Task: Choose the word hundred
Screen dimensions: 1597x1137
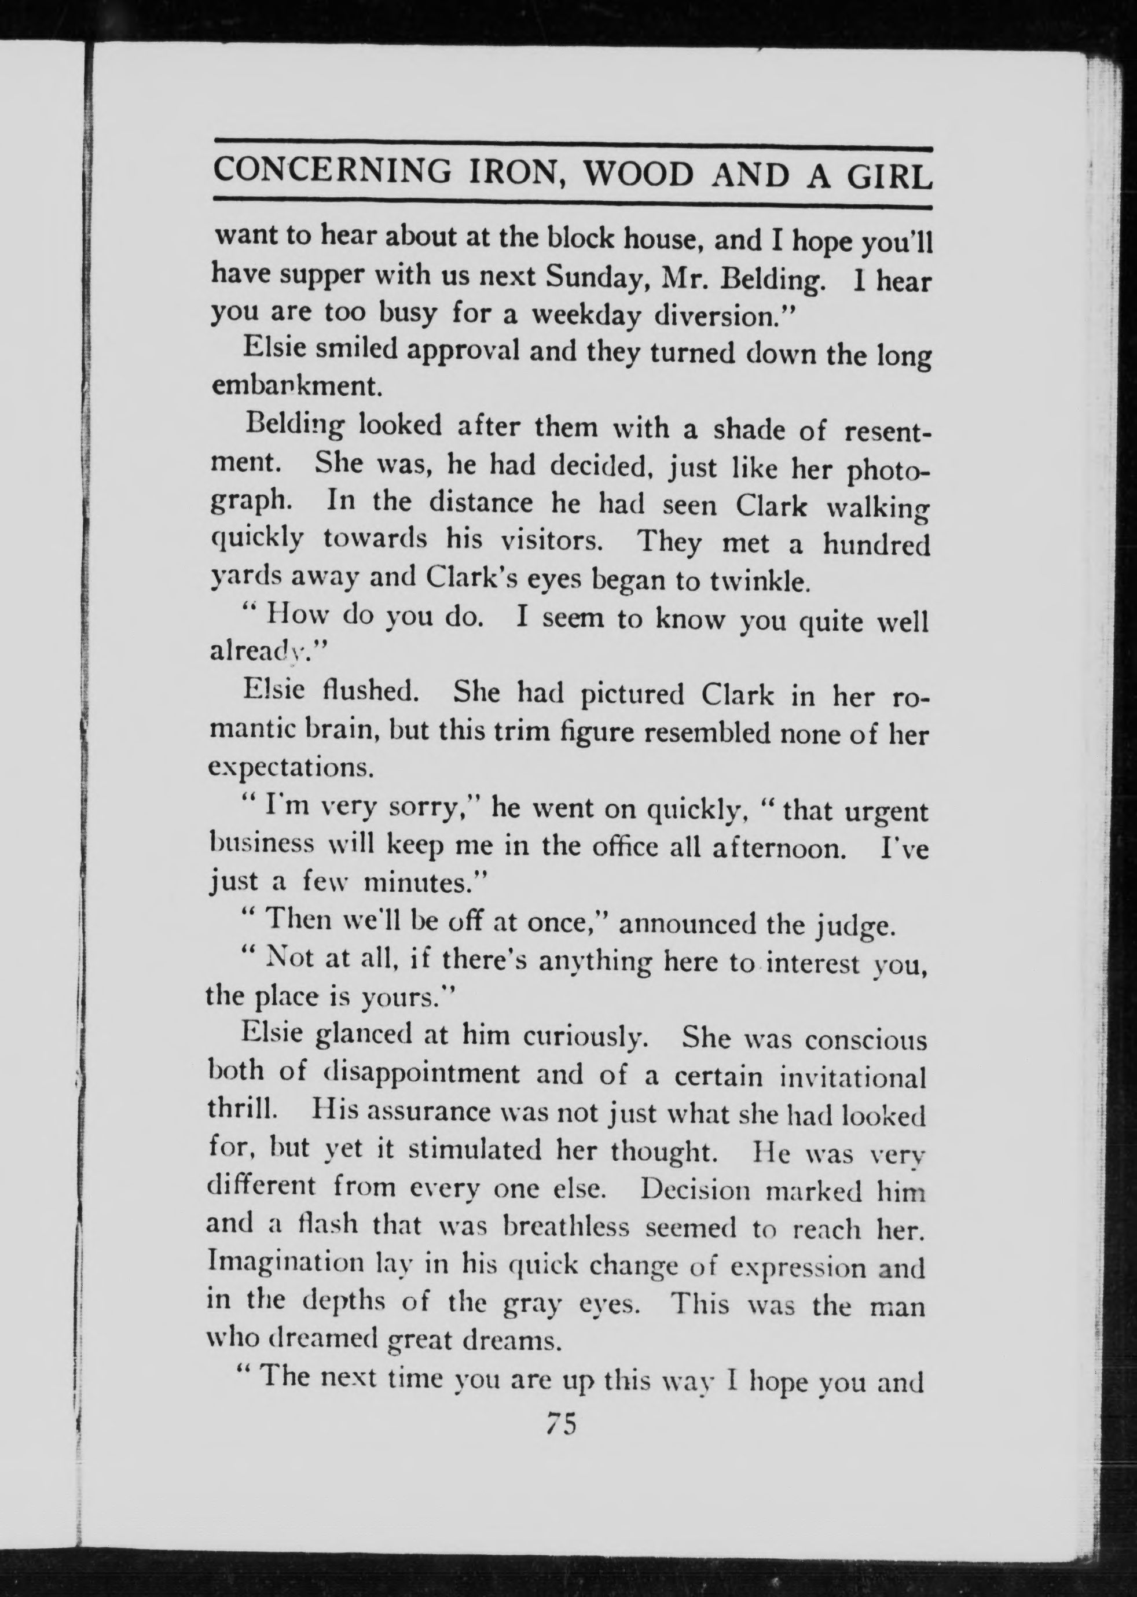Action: coord(876,544)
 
